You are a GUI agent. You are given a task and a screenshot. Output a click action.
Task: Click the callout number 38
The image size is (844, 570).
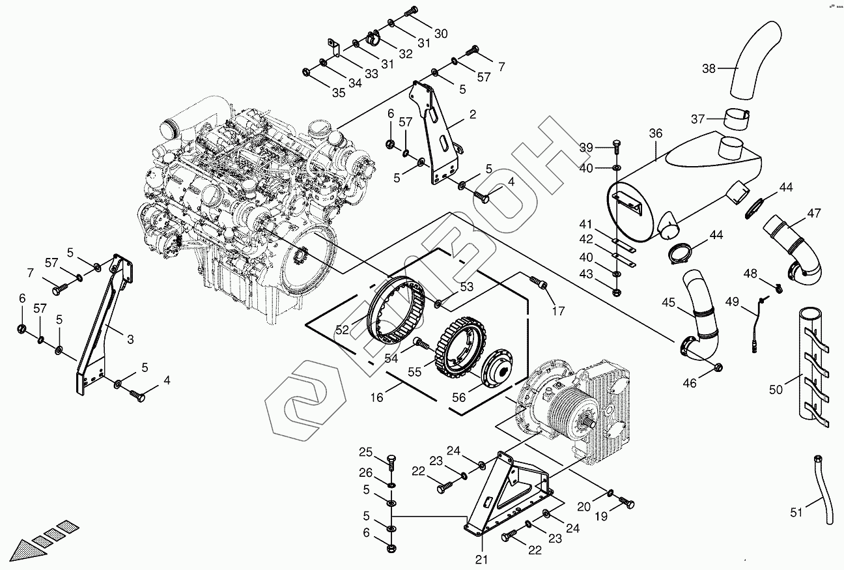[709, 68]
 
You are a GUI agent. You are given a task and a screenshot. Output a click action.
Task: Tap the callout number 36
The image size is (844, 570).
[655, 134]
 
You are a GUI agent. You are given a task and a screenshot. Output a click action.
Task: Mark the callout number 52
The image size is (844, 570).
[343, 331]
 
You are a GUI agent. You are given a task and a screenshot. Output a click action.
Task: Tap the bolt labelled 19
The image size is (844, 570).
[626, 503]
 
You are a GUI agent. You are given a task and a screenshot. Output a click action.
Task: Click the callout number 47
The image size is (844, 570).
[814, 213]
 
